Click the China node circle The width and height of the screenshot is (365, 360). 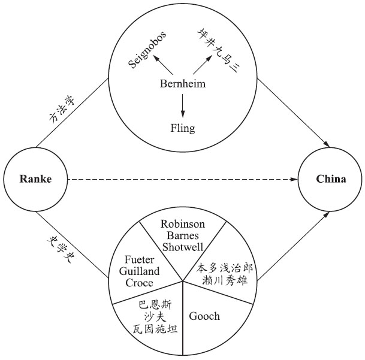[x=331, y=179]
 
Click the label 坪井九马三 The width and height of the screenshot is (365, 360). [x=216, y=47]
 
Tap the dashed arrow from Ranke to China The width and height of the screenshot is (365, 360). [x=183, y=179]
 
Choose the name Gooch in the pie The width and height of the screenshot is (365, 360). [x=204, y=316]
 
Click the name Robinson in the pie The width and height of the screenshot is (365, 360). [x=183, y=223]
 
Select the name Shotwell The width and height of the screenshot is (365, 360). [x=183, y=247]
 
